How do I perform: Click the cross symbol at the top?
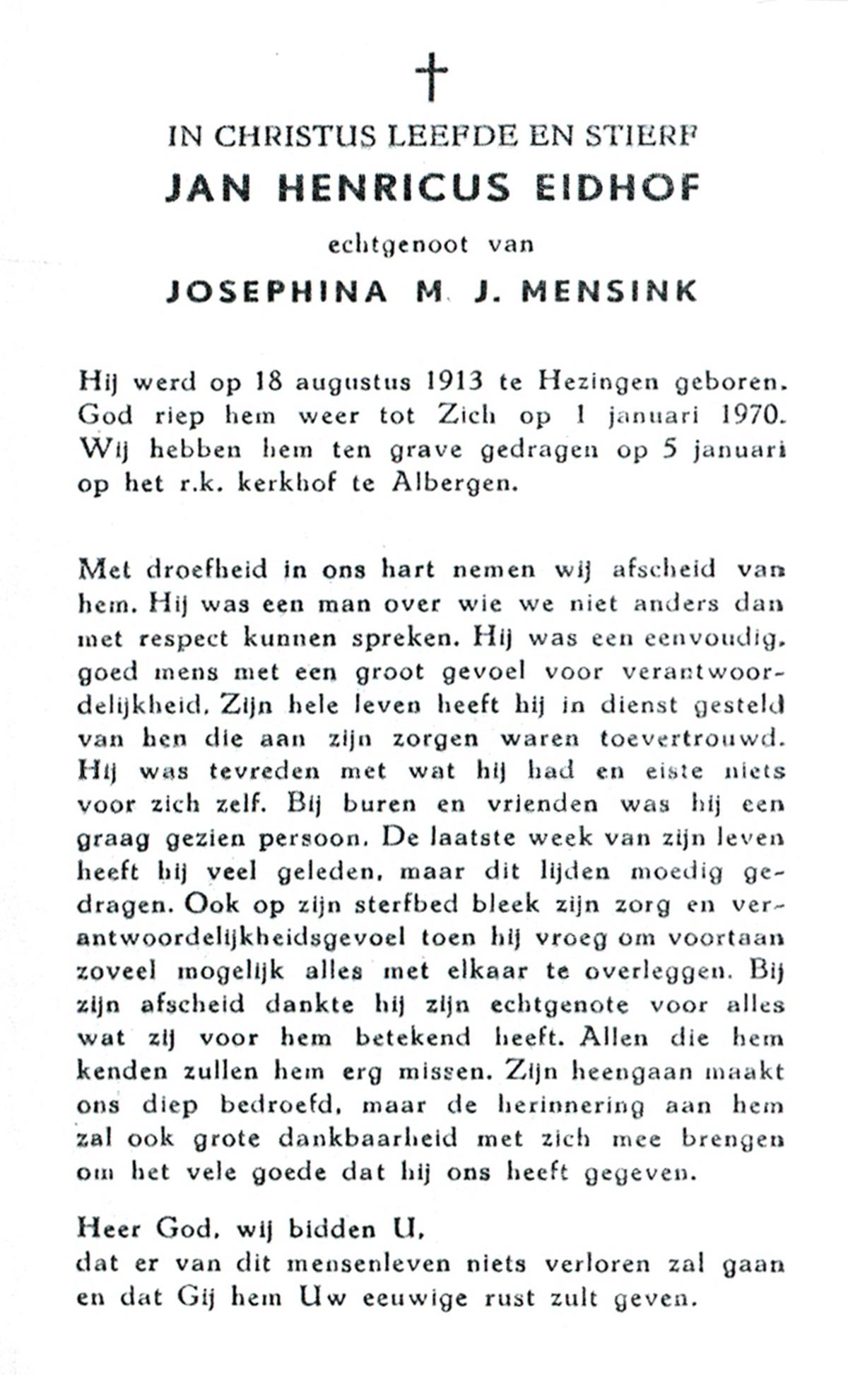pyautogui.click(x=431, y=76)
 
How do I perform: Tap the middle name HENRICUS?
pyautogui.click(x=393, y=188)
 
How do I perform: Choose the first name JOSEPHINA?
pyautogui.click(x=276, y=291)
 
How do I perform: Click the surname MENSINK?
pyautogui.click(x=609, y=291)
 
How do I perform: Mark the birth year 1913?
pyautogui.click(x=455, y=382)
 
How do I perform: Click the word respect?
pyautogui.click(x=183, y=638)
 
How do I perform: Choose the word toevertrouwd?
pyautogui.click(x=692, y=739)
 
